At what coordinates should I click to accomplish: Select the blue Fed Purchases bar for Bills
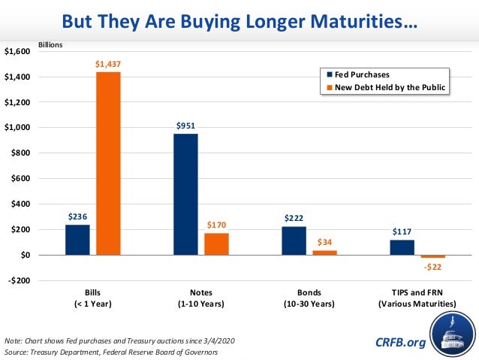(77, 240)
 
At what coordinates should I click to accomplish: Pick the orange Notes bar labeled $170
(216, 244)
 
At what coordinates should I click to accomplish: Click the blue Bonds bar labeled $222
(294, 241)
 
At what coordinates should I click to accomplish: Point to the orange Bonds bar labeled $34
(324, 253)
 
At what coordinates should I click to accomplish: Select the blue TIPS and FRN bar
(402, 247)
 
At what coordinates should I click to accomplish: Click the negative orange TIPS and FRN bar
(432, 257)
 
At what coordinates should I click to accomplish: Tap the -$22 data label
(432, 268)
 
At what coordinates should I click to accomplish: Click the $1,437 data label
(108, 65)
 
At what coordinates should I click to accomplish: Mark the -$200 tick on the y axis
(18, 280)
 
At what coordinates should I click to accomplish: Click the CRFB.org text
(400, 343)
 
